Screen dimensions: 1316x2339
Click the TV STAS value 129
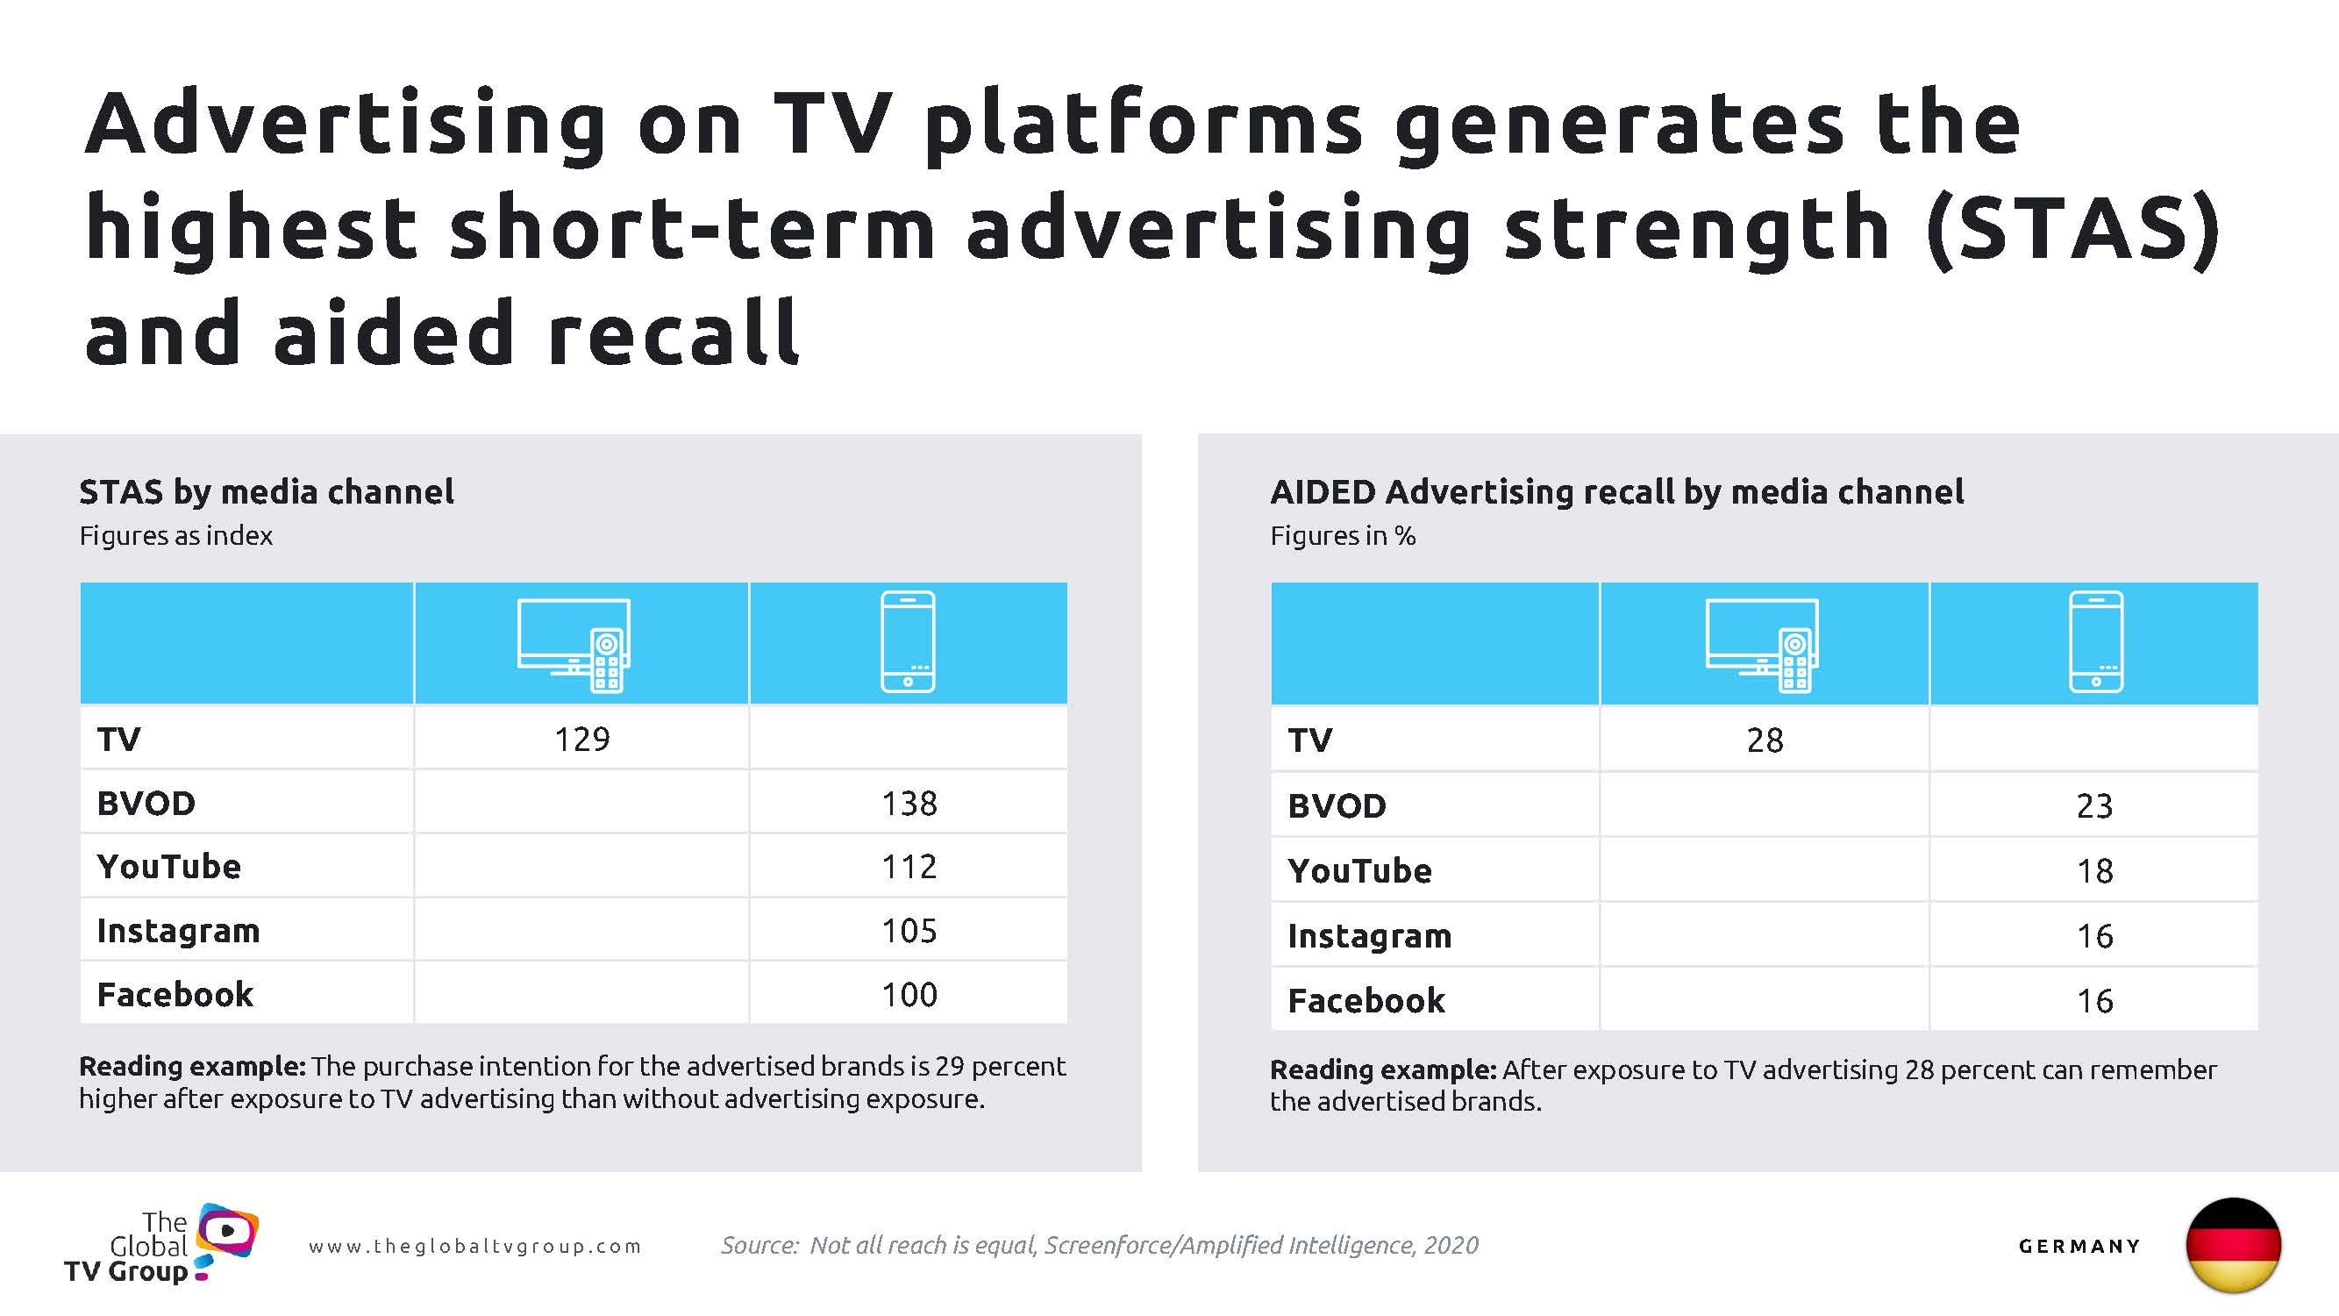pos(582,740)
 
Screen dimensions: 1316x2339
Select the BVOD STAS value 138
pos(909,804)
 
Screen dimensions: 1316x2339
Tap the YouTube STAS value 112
pos(909,868)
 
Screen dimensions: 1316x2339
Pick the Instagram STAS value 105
pos(909,931)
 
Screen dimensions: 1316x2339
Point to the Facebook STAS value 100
pos(909,996)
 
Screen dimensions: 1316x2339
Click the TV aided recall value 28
pos(1765,741)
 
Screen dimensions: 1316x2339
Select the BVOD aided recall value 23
pos(2093,806)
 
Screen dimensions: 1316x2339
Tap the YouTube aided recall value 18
pos(2093,872)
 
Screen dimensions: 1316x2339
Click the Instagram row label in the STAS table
pos(178,932)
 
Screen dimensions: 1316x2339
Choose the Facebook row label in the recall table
pos(1366,1001)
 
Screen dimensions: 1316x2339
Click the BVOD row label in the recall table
pos(1337,806)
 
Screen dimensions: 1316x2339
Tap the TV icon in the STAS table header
pos(574,645)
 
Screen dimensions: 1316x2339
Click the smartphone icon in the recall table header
pos(2096,642)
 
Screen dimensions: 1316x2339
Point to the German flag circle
pos(2233,1245)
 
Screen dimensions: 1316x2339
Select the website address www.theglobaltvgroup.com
pos(474,1247)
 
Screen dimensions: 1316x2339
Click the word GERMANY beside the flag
pos(2079,1247)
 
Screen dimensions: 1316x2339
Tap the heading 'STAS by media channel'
pos(266,492)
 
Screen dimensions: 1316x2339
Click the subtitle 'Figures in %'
pos(1342,536)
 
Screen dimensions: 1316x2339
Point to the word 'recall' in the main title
pos(673,333)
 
